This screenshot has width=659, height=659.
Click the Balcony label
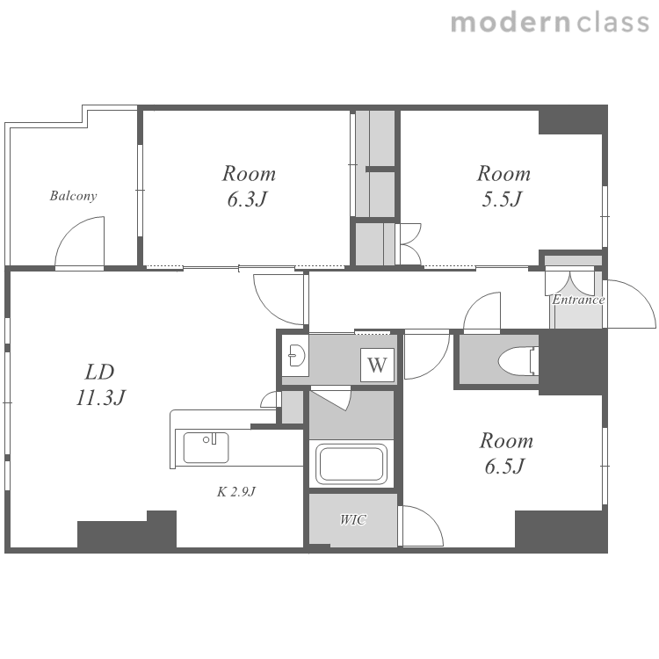pos(73,196)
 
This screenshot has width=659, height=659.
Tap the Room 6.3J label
pos(249,186)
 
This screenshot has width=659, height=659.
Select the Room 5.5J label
pos(503,186)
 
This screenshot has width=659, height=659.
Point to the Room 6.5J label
pos(506,453)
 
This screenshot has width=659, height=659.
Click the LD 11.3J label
pos(101,385)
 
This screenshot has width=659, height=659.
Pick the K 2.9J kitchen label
pos(236,491)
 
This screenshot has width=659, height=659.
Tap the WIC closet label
pos(353,520)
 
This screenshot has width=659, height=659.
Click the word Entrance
pos(578,300)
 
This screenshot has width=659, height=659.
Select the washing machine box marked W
pos(377,365)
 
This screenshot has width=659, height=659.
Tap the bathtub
pos(351,464)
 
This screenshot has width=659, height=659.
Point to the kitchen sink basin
pos(206,447)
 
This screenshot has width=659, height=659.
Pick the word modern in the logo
pos(511,23)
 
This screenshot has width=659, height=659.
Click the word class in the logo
pos(613,22)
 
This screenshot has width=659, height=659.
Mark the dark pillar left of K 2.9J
pos(127,530)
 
